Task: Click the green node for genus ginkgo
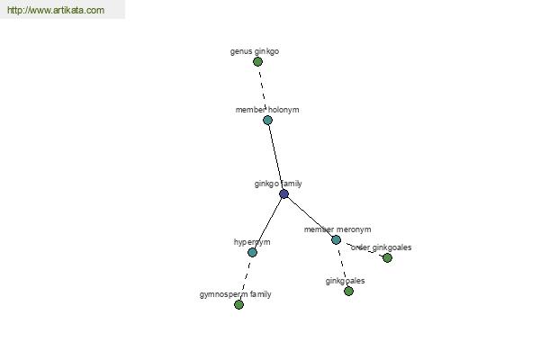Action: coord(257,62)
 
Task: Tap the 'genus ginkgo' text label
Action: coord(255,51)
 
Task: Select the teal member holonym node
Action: coord(267,121)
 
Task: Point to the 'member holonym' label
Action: coord(267,110)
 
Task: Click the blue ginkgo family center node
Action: coord(283,194)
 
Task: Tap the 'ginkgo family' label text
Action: coord(278,184)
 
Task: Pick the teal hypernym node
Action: coord(252,253)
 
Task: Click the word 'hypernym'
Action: coord(252,242)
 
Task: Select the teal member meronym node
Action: coord(336,239)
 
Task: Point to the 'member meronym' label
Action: coord(337,229)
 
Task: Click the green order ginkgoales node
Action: coord(387,257)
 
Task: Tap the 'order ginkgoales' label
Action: coord(382,247)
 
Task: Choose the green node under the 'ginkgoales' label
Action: coord(348,291)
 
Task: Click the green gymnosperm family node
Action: coord(238,304)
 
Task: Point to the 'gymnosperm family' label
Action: coord(236,294)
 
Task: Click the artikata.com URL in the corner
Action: coord(56,10)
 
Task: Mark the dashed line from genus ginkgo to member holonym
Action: coord(263,91)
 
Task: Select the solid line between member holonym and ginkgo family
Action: coord(275,157)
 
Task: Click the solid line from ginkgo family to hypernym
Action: coord(268,223)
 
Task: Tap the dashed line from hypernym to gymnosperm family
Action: coord(246,278)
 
